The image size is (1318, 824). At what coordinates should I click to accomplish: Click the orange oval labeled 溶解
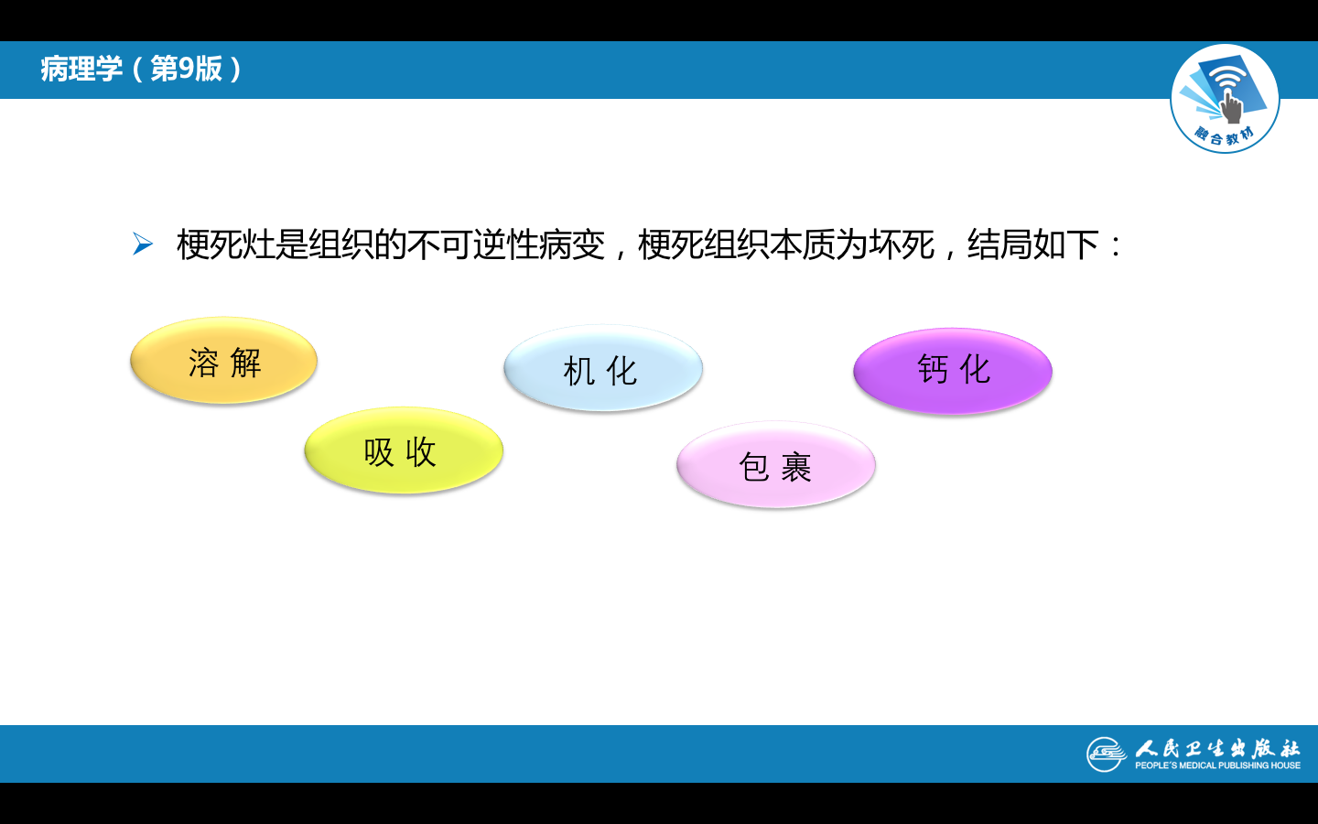(x=223, y=360)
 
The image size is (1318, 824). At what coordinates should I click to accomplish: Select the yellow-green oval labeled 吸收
(x=404, y=450)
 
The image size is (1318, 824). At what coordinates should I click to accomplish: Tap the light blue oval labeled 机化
(x=603, y=368)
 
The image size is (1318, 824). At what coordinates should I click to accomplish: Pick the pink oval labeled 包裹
(x=776, y=464)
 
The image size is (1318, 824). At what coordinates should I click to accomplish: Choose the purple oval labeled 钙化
(x=953, y=371)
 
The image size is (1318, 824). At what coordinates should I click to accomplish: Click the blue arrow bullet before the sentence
(x=143, y=244)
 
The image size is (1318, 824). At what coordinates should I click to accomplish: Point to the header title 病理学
(x=81, y=69)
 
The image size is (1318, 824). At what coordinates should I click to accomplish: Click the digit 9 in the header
(x=186, y=69)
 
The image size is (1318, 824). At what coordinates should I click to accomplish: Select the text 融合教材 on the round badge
(x=1225, y=136)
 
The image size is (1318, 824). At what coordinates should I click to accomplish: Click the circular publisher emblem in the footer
(x=1107, y=754)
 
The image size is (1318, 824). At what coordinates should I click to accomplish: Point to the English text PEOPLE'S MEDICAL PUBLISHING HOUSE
(x=1217, y=765)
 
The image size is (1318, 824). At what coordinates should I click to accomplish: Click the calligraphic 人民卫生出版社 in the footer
(x=1217, y=748)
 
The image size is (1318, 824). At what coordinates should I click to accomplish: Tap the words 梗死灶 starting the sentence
(x=226, y=244)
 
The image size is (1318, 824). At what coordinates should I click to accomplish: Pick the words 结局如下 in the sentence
(x=1033, y=244)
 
